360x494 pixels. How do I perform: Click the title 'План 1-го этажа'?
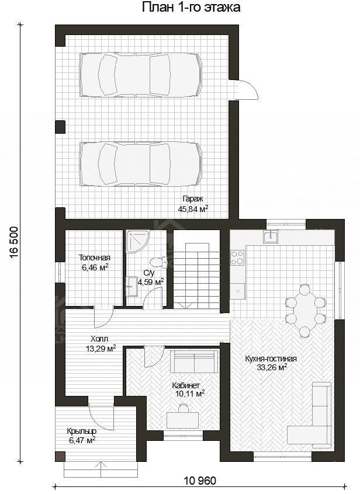[x=191, y=7]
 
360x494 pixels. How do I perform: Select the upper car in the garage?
[x=141, y=75]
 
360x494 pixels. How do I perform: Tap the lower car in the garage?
[x=141, y=164]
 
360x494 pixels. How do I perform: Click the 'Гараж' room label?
[x=193, y=199]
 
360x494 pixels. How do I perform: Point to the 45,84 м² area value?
[x=193, y=208]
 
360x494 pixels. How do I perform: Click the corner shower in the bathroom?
[x=138, y=241]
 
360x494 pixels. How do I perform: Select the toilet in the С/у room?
[x=158, y=262]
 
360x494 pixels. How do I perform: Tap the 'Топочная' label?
[x=94, y=258]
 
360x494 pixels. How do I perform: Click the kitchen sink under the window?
[x=271, y=236]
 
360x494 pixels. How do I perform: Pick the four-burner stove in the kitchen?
[x=237, y=257]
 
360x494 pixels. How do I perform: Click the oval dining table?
[x=304, y=311]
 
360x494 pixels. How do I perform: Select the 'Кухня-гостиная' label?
[x=271, y=359]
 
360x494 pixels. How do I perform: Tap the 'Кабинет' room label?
[x=186, y=385]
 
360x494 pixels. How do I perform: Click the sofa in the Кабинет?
[x=194, y=361]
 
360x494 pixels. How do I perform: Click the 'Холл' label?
[x=99, y=339]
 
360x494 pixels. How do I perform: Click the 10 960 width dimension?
[x=200, y=481]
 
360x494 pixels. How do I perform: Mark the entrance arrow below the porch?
[x=101, y=469]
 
